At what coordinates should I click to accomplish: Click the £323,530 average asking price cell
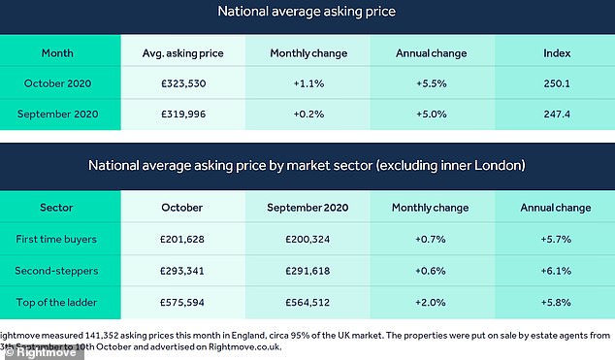183,84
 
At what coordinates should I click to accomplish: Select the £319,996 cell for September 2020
183,115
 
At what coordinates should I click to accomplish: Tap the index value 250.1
555,84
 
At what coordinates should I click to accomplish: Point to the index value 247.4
555,115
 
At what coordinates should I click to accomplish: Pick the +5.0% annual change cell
432,115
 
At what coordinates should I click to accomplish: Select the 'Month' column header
59,53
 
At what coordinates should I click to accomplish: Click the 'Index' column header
555,53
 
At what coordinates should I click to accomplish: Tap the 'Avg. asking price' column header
183,53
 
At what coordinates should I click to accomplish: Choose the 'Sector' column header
59,207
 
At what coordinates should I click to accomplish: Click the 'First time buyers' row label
59,238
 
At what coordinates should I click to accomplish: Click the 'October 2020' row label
59,84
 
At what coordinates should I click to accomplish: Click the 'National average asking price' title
307,14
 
